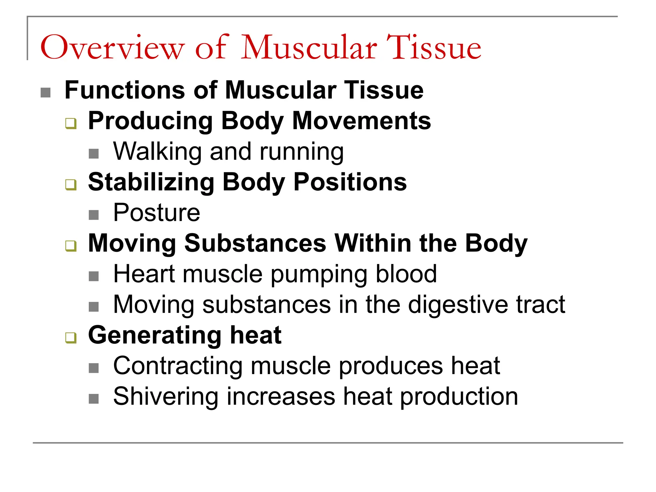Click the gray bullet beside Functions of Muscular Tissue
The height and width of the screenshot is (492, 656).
coord(45,93)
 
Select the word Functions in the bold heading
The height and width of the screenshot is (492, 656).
coord(125,90)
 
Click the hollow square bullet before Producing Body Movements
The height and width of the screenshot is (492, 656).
coord(71,123)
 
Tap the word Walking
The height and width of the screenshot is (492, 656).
coord(157,151)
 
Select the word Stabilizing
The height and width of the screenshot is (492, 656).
coord(151,182)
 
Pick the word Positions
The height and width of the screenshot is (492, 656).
coord(350,182)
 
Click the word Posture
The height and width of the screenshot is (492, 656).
coord(157,213)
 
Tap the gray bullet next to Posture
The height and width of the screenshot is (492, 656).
coord(94,215)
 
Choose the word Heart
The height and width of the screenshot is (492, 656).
coord(144,274)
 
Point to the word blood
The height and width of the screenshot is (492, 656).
coord(406,274)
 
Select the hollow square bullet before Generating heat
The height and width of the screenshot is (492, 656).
coord(71,338)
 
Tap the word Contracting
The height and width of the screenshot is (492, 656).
coord(178,366)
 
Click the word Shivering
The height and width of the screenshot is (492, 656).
coord(166,397)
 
